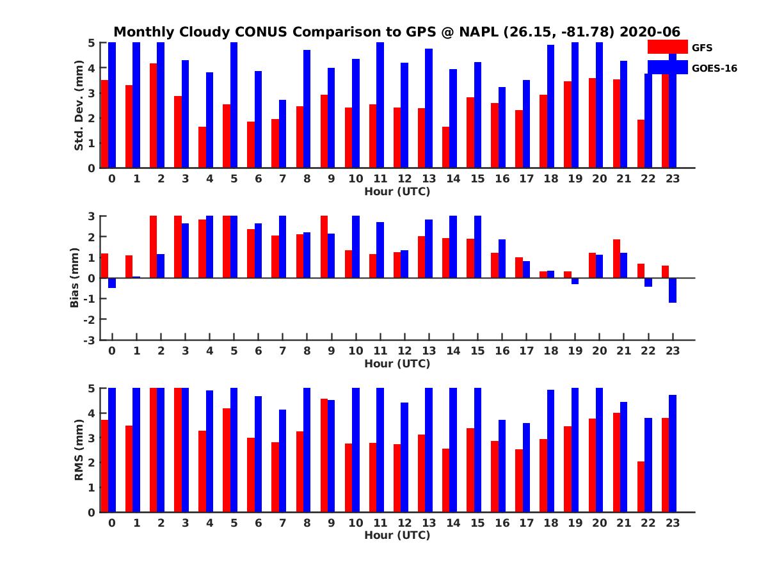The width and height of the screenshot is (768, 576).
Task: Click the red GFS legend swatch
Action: coord(667,47)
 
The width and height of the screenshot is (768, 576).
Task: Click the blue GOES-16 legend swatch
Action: coord(667,67)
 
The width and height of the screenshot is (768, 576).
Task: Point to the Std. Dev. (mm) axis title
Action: coord(79,106)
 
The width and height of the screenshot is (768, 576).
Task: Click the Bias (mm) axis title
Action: coord(74,278)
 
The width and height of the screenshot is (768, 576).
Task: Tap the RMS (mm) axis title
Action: coord(79,450)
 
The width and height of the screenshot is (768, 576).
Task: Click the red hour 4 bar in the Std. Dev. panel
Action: coord(202,147)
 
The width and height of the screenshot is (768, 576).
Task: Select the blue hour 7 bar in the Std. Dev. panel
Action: coord(283,134)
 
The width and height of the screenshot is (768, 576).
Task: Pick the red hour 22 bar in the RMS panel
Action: coord(641,486)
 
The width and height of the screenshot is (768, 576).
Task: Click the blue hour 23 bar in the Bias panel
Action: coord(673,290)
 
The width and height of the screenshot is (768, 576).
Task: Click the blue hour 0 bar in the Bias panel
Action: coord(112,283)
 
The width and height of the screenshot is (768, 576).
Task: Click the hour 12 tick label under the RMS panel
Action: coord(404,522)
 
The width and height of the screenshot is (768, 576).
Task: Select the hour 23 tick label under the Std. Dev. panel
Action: coord(672,179)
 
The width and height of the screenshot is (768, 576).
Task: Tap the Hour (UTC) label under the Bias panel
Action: coord(397,364)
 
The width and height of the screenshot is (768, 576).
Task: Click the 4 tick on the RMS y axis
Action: coord(92,413)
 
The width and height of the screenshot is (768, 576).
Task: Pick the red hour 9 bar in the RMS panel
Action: coord(324,455)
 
